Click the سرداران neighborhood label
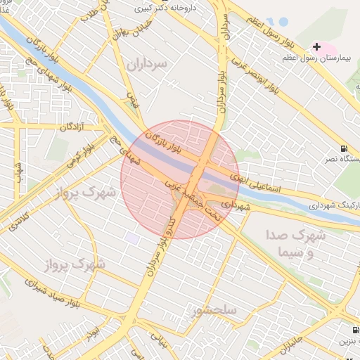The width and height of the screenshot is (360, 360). (150, 65)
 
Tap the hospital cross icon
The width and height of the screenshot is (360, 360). (316, 47)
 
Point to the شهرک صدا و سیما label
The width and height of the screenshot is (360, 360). (296, 243)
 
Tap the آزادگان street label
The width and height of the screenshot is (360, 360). (72, 127)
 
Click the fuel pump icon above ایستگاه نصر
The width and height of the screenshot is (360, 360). (343, 148)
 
